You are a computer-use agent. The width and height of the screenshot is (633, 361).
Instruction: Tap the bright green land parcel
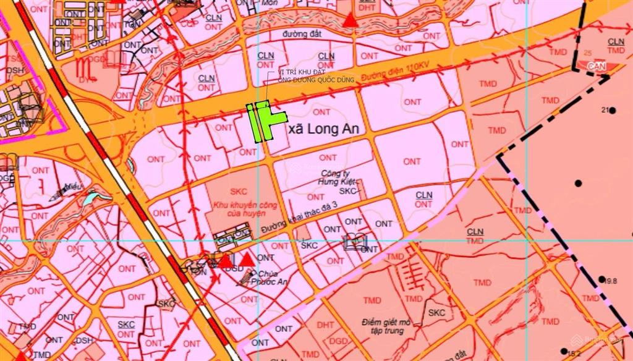click(262, 121)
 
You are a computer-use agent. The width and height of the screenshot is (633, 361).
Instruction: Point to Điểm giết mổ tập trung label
click(388, 326)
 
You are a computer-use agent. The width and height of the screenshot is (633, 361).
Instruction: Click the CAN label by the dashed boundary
click(595, 65)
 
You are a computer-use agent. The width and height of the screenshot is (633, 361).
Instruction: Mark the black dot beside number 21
click(613, 111)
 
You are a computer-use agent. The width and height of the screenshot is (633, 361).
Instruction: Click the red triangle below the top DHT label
click(351, 20)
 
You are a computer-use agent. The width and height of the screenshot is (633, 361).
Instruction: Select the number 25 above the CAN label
click(587, 54)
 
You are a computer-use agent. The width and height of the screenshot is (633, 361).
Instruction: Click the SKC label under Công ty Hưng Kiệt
click(349, 192)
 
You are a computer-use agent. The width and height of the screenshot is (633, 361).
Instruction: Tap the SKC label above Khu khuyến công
click(239, 192)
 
